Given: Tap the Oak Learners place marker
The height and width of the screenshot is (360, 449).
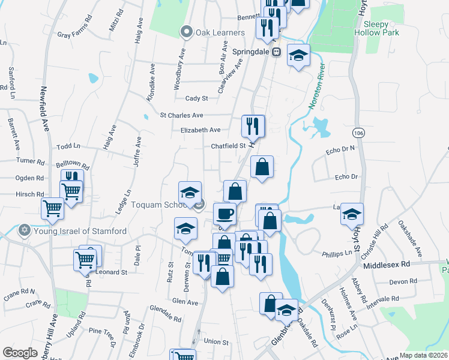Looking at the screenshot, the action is (187, 32).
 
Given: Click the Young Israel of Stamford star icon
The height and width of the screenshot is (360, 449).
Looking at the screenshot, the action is (25, 230).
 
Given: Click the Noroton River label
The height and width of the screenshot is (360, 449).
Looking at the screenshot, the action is (316, 86).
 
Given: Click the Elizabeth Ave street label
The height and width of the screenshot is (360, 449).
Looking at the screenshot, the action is (200, 130).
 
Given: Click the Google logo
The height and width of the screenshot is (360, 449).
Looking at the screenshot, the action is (20, 353).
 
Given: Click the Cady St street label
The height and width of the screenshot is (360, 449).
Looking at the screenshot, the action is (196, 98).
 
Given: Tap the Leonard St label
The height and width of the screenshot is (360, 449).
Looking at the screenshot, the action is (112, 272).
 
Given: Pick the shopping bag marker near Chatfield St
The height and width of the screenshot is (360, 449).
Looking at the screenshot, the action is (262, 166).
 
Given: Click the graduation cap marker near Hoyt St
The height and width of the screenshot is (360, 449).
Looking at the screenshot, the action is (352, 213).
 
